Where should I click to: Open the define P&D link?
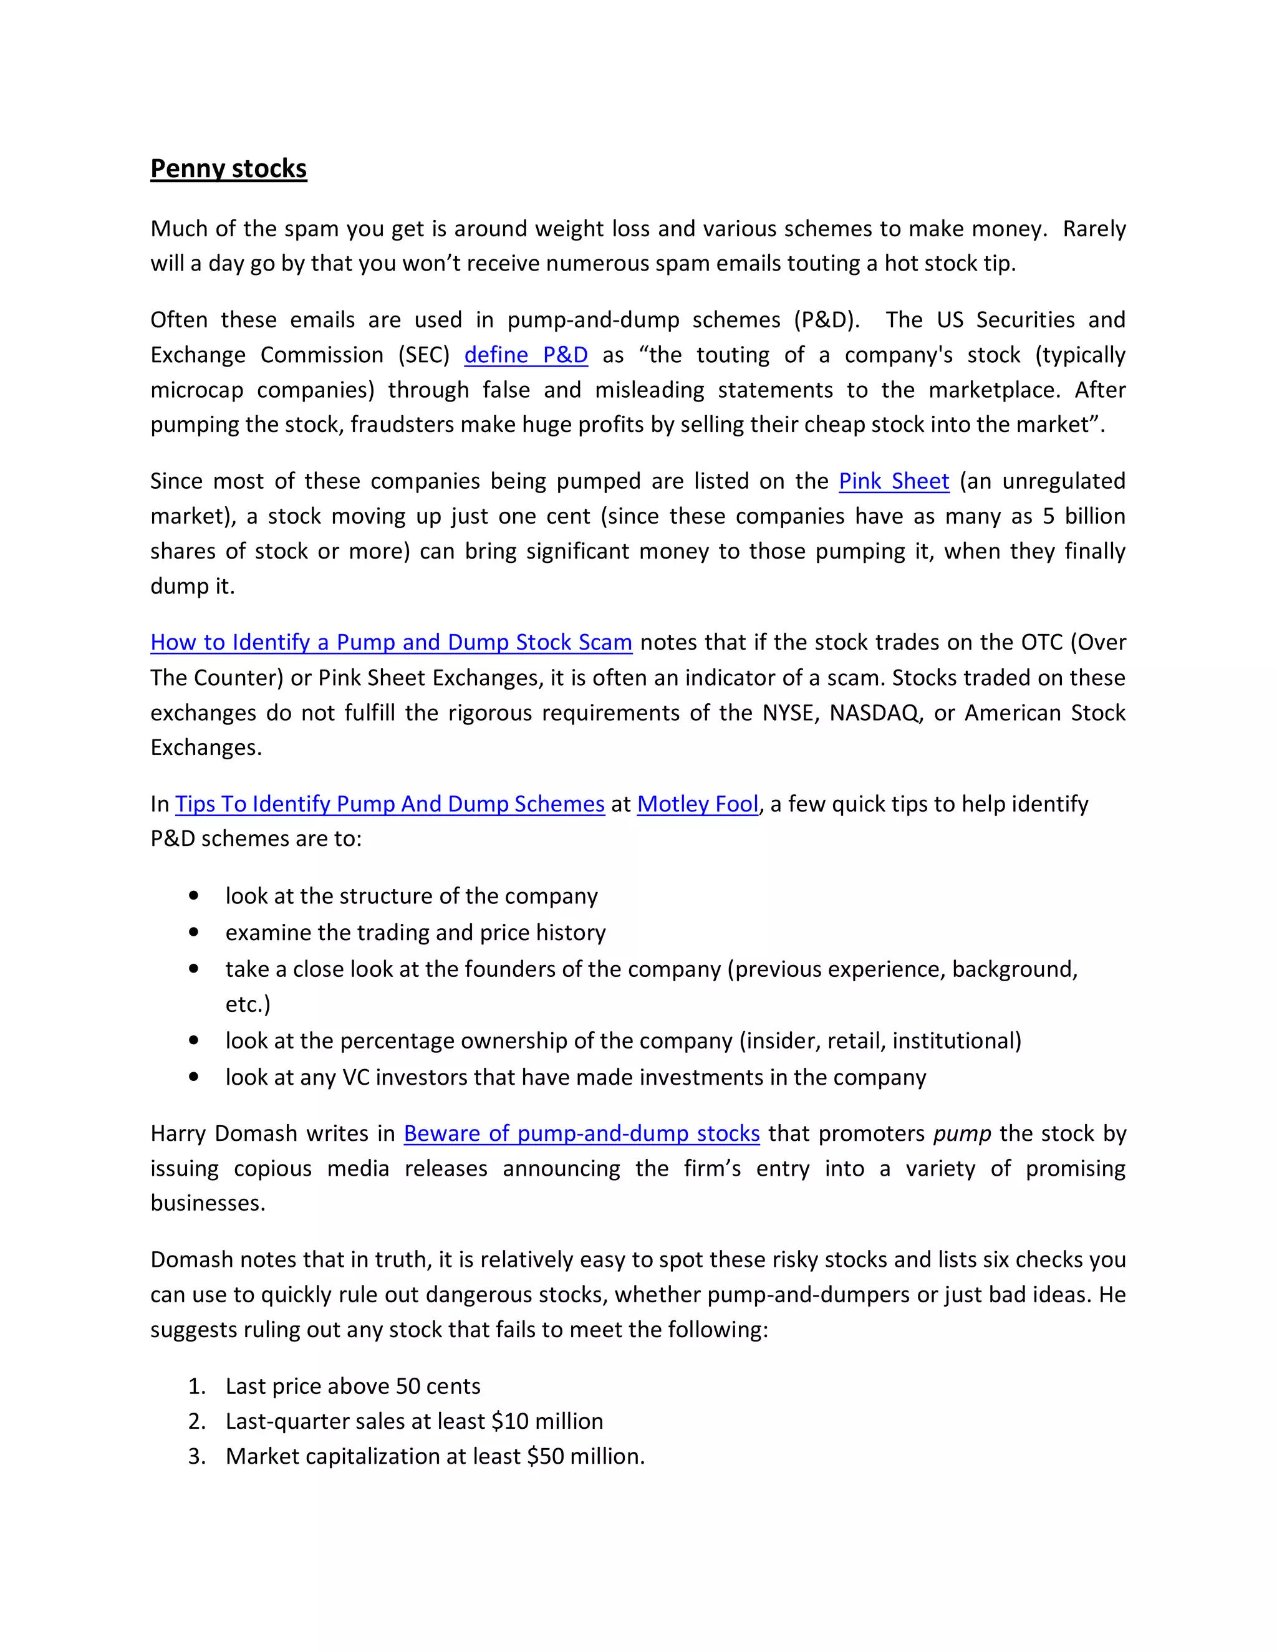526,355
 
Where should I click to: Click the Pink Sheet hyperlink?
894,481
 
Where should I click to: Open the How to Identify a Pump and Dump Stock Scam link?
391,642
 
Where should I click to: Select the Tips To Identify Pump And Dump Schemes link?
390,804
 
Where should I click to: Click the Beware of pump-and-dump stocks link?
581,1133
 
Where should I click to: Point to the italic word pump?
961,1133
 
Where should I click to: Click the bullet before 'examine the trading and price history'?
195,932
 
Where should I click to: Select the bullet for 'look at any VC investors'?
195,1077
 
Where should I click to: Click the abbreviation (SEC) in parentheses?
423,355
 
